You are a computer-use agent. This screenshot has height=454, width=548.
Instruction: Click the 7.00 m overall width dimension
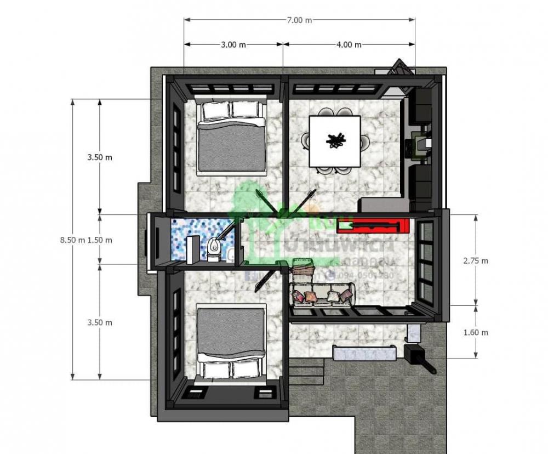pos(299,20)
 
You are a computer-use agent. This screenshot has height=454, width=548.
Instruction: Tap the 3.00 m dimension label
pos(233,45)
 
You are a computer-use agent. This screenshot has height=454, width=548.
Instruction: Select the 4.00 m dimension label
pos(349,45)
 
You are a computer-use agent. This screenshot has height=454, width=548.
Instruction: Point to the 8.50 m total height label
pos(73,240)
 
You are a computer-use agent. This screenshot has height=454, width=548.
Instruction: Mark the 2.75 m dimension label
pos(475,261)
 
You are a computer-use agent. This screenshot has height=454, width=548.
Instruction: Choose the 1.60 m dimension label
pos(475,332)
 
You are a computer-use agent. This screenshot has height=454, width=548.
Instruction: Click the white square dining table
pos(335,141)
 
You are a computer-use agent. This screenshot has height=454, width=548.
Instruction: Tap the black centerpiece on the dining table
pos(335,141)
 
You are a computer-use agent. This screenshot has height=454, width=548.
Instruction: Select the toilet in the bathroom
pos(215,249)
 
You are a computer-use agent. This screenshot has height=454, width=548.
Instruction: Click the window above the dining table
pos(335,88)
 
